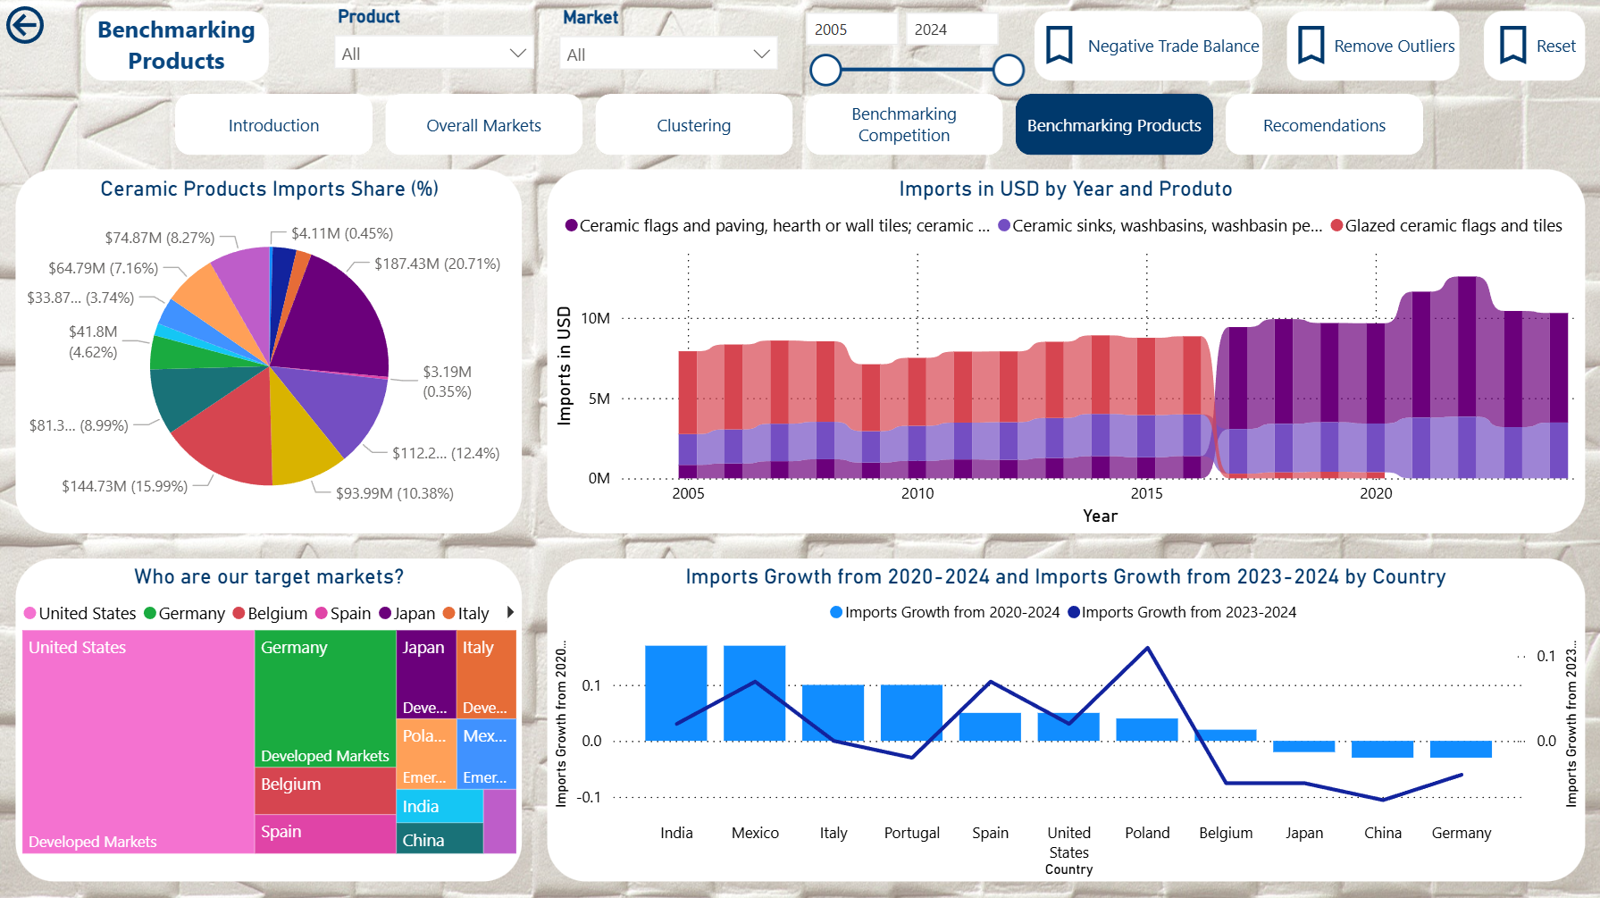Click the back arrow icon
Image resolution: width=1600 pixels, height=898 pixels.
tap(25, 25)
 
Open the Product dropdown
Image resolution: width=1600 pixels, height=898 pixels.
tap(434, 54)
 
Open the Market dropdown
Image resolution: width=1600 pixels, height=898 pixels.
tap(668, 55)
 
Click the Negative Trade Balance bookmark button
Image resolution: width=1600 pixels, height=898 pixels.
tap(1150, 46)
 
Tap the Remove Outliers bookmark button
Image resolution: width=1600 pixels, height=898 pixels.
tap(1374, 46)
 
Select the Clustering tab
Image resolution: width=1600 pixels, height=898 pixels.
tap(693, 126)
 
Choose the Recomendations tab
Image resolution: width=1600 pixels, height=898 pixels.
tap(1324, 126)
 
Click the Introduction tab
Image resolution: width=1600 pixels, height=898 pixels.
tap(273, 126)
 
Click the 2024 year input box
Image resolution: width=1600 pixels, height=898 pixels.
tap(951, 29)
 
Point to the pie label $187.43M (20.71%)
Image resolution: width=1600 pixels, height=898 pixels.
tap(437, 264)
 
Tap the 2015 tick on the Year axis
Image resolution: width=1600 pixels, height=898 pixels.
tap(1146, 493)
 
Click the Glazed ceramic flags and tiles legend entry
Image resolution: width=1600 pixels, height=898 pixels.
tap(1446, 226)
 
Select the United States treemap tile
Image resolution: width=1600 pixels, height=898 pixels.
tap(138, 742)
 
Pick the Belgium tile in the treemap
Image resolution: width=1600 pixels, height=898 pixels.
tap(325, 790)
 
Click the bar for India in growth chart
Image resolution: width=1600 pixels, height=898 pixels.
tap(676, 693)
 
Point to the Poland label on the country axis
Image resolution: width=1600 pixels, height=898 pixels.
tap(1147, 833)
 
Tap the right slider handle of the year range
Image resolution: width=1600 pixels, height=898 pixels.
tap(1009, 70)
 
